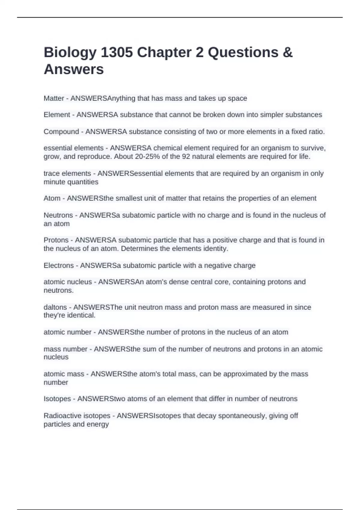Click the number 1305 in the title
pos(117,52)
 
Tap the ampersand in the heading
pos(287,52)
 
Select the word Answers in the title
pos(74,69)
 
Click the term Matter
pos(54,98)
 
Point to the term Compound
pos(61,132)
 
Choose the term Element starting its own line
pos(57,115)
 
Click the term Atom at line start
pos(52,198)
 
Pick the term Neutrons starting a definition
pos(58,215)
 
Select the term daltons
pos(55,307)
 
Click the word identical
pos(81,315)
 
